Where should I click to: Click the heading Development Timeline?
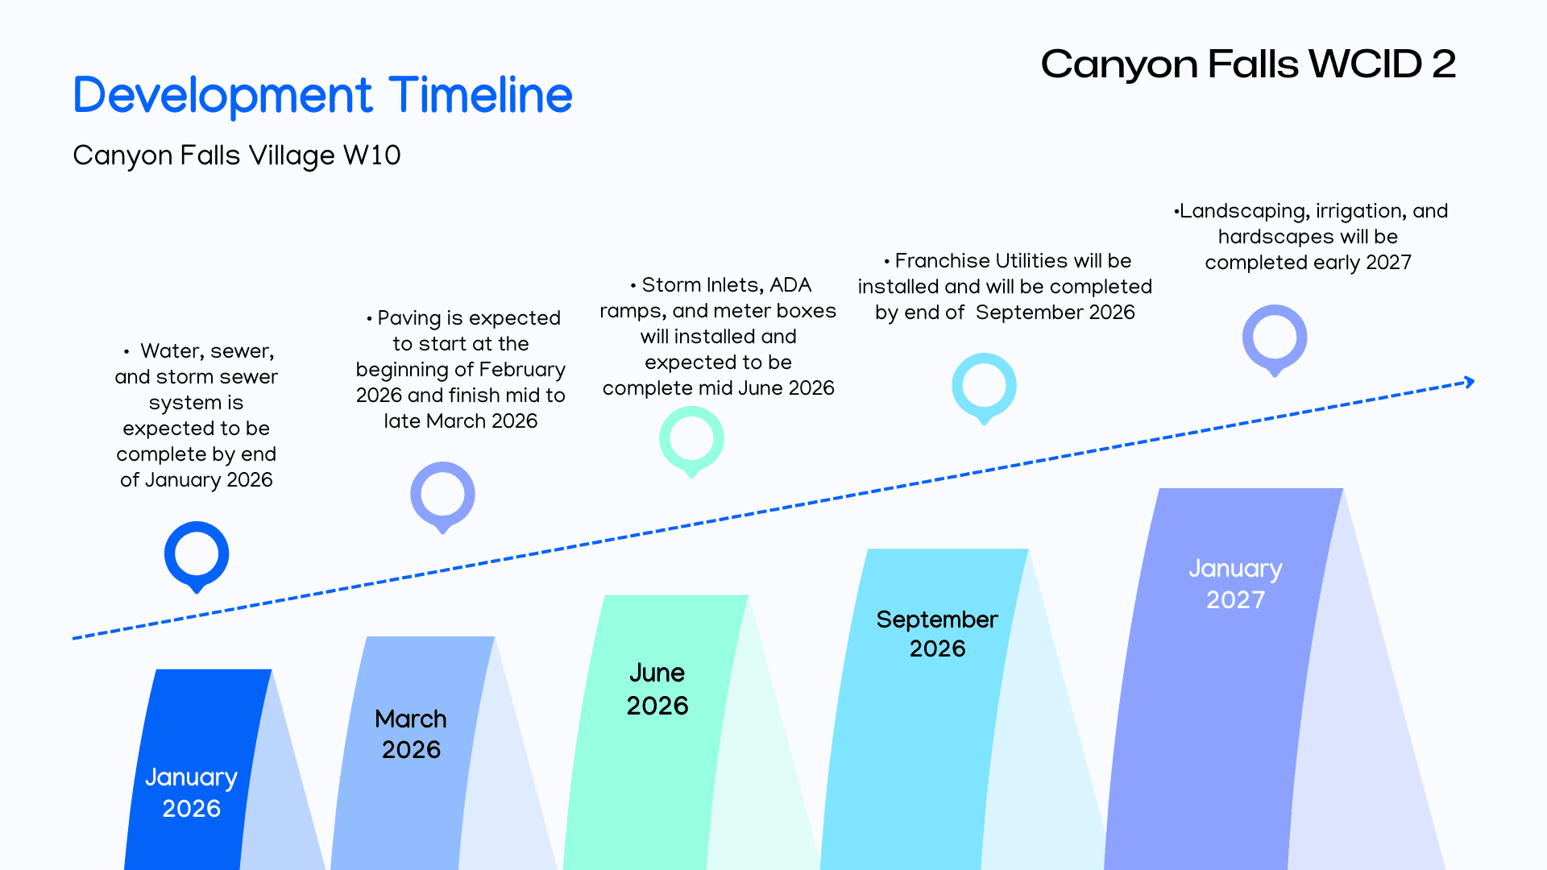[322, 95]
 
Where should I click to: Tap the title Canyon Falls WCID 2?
[1247, 64]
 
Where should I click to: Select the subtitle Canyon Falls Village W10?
[236, 155]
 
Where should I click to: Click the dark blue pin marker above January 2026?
[197, 554]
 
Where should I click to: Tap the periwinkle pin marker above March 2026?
[442, 495]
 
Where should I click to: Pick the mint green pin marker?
[691, 439]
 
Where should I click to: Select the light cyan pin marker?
[984, 386]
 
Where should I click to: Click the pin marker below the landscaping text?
[1275, 338]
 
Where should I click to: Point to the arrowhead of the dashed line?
[1470, 382]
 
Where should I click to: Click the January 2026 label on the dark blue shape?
[191, 792]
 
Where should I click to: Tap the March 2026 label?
[411, 734]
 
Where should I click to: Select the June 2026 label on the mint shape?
[657, 689]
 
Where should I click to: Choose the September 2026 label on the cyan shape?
[937, 633]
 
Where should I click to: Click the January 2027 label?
[1235, 583]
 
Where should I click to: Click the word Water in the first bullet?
[172, 351]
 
